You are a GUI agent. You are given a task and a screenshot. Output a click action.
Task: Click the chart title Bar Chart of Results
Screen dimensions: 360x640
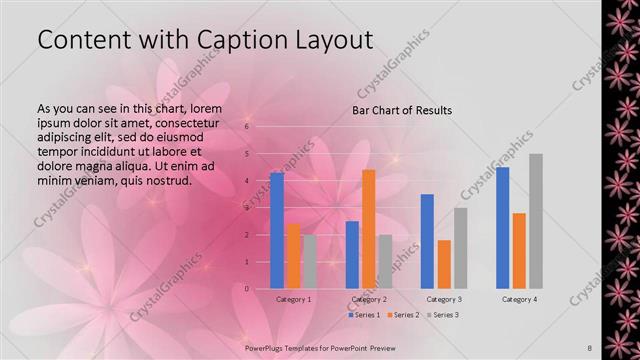click(x=401, y=110)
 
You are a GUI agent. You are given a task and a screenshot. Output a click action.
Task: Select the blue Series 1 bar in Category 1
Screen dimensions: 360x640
click(x=277, y=230)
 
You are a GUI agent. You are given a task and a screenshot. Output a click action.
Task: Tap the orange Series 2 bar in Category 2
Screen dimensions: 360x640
click(x=369, y=229)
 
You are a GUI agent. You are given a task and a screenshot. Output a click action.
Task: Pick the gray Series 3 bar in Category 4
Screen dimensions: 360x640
click(x=536, y=221)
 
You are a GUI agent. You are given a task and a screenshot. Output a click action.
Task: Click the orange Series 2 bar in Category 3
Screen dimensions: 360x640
click(x=444, y=264)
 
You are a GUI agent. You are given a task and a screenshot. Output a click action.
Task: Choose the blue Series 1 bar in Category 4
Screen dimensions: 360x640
click(x=502, y=227)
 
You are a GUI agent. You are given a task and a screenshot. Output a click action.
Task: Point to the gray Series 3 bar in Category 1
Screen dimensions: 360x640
click(x=309, y=261)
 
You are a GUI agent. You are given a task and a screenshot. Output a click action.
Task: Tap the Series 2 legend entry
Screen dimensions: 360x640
click(x=404, y=315)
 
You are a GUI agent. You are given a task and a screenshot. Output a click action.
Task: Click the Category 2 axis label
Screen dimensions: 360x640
click(x=369, y=299)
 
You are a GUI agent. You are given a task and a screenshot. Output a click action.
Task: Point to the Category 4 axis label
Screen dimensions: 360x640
click(x=518, y=299)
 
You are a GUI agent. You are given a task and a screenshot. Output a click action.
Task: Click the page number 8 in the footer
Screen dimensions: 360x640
click(x=590, y=347)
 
